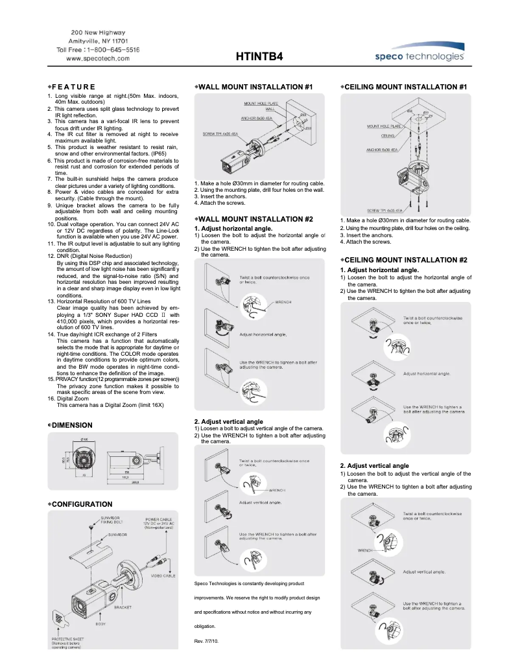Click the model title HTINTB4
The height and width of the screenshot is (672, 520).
click(259, 57)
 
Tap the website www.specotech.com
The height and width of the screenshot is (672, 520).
click(98, 58)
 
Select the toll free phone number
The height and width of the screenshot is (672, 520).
click(98, 49)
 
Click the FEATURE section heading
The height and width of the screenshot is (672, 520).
click(73, 87)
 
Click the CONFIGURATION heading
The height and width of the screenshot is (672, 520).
click(81, 504)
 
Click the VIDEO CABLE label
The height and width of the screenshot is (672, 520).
click(163, 575)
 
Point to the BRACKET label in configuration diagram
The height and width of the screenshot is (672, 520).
click(123, 608)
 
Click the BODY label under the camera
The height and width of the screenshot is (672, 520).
click(100, 623)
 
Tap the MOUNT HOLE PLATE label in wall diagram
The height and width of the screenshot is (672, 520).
click(260, 104)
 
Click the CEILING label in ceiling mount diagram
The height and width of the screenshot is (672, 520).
click(388, 137)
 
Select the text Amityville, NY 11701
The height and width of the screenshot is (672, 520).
click(98, 41)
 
